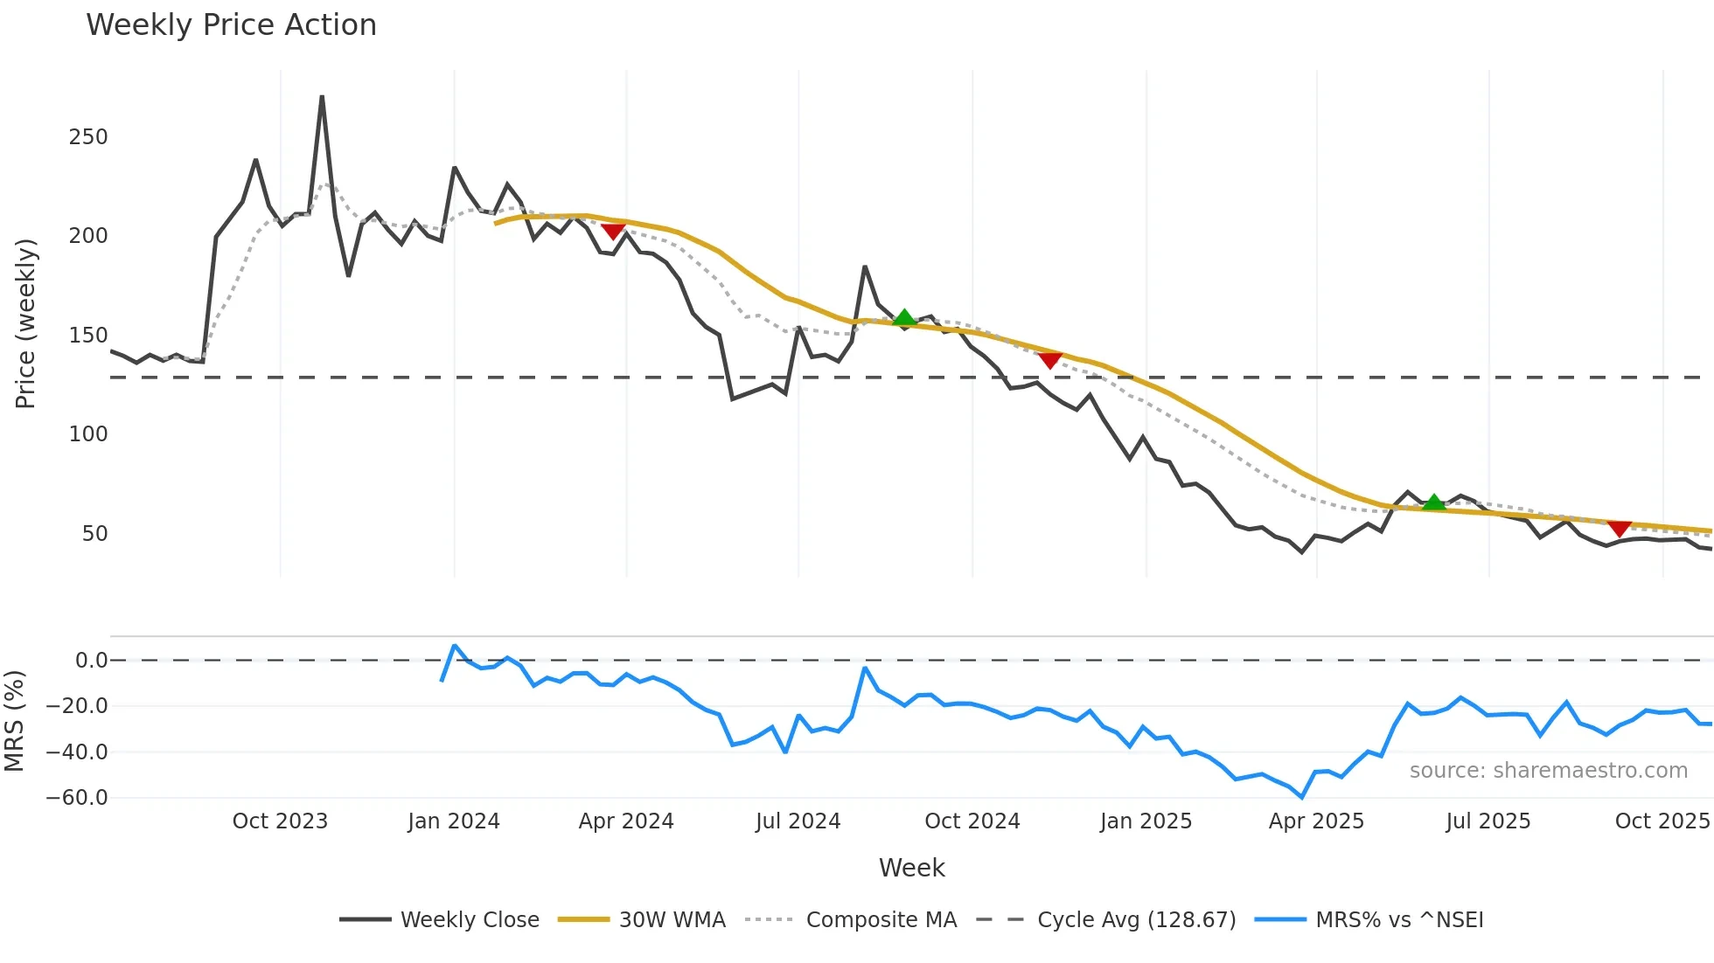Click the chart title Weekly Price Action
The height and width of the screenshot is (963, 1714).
pyautogui.click(x=231, y=25)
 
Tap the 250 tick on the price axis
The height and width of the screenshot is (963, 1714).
pyautogui.click(x=88, y=137)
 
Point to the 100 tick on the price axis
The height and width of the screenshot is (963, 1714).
pyautogui.click(x=88, y=434)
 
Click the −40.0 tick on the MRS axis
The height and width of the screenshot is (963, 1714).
pyautogui.click(x=77, y=752)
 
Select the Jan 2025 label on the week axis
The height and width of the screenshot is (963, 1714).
pyautogui.click(x=1146, y=821)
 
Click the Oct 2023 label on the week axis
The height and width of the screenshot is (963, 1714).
pyautogui.click(x=280, y=821)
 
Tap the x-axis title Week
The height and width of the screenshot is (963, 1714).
pyautogui.click(x=911, y=868)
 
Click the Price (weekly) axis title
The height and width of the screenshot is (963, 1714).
pyautogui.click(x=25, y=323)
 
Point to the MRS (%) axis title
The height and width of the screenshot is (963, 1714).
pyautogui.click(x=14, y=721)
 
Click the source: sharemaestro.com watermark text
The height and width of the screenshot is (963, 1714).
pyautogui.click(x=1548, y=771)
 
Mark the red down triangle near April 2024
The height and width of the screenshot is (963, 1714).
pyautogui.click(x=613, y=231)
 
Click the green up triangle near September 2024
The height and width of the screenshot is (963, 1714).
pyautogui.click(x=904, y=318)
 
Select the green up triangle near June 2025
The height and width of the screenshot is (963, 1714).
pyautogui.click(x=1433, y=502)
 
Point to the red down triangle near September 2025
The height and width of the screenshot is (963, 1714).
pyautogui.click(x=1620, y=528)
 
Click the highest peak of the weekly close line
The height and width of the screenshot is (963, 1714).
pyautogui.click(x=322, y=97)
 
